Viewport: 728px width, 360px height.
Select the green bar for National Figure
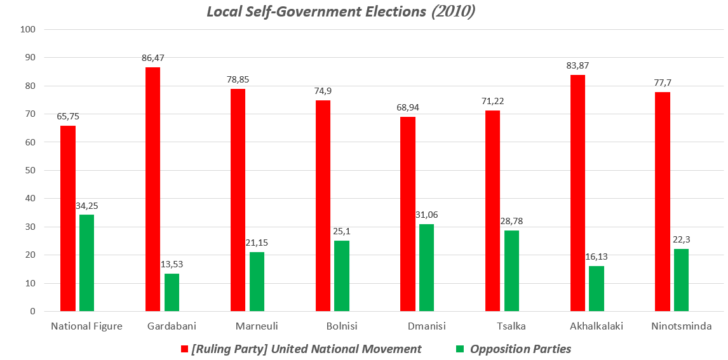[x=86, y=263]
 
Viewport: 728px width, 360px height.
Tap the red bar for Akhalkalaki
[x=577, y=193]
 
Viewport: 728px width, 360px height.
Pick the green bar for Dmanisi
[x=427, y=267]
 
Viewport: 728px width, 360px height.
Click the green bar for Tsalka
[x=511, y=270]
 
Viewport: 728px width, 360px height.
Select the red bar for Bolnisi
[x=323, y=206]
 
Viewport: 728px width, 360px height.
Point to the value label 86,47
[x=152, y=58]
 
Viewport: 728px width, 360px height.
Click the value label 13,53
[x=172, y=264]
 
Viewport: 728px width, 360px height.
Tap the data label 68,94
[x=407, y=107]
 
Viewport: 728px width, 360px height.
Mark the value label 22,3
[x=682, y=239]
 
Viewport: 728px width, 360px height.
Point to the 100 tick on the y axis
[x=29, y=30]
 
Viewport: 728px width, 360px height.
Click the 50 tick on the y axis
[x=31, y=171]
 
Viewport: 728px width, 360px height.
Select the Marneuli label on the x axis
[x=257, y=326]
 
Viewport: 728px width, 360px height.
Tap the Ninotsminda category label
[x=682, y=326]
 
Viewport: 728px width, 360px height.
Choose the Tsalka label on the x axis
[x=511, y=326]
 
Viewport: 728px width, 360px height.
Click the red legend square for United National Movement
[x=185, y=349]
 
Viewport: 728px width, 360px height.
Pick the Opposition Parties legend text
[x=520, y=349]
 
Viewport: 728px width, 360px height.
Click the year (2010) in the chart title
[x=453, y=11]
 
